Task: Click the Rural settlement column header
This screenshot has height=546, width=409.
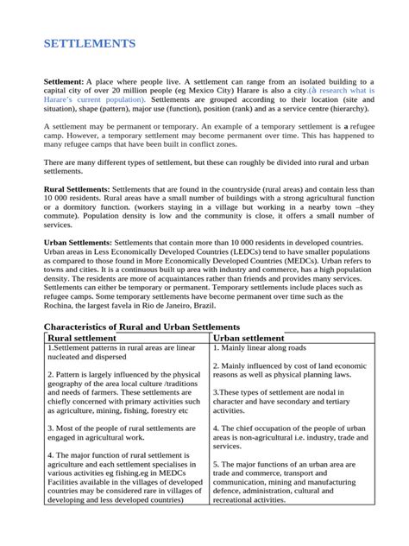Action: click(84, 338)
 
